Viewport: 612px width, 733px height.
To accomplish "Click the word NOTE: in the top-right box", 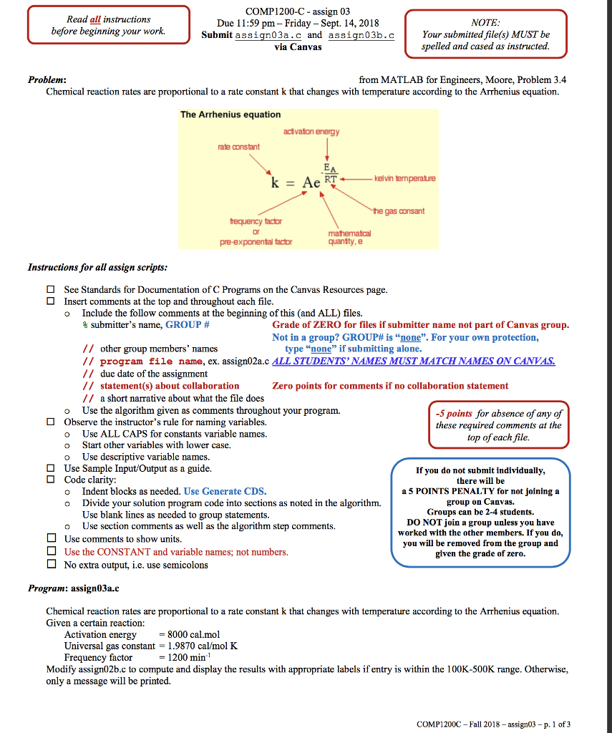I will point(485,22).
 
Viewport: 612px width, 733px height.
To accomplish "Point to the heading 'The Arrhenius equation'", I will point(230,115).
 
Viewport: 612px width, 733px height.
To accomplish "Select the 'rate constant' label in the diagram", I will point(238,147).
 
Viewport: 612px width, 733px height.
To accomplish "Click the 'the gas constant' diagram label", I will point(398,211).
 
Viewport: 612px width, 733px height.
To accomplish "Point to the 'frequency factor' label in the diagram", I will point(256,223).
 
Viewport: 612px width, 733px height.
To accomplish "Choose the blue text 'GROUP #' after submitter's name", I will point(187,324).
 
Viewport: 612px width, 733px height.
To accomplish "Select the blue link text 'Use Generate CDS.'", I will point(225,491).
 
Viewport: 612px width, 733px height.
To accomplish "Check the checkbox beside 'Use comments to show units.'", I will point(51,539).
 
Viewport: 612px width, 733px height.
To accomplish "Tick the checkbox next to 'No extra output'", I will point(51,565).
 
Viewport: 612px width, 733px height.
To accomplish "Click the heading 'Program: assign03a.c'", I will point(74,588).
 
